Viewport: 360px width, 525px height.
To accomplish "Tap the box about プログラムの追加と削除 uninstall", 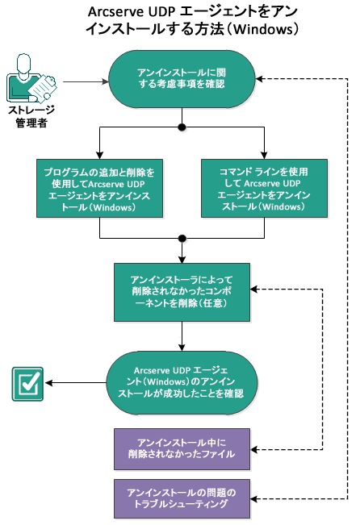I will pyautogui.click(x=99, y=187).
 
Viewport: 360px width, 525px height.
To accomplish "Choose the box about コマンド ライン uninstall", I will pyautogui.click(x=264, y=187).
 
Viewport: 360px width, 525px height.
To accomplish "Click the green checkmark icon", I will pyautogui.click(x=27, y=383).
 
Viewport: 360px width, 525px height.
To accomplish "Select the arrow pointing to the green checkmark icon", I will pyautogui.click(x=73, y=383).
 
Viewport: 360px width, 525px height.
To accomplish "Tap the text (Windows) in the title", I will pyautogui.click(x=266, y=31).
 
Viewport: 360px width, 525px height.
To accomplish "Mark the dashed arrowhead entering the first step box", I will pyautogui.click(x=263, y=79).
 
